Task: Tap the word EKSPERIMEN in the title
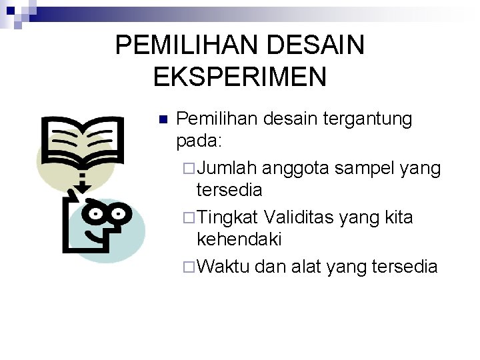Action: [x=240, y=77]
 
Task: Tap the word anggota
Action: [x=296, y=169]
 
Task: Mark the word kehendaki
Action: [x=240, y=238]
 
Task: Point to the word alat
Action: [x=321, y=267]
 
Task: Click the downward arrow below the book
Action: [x=82, y=181]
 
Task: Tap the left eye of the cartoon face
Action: [x=97, y=215]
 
